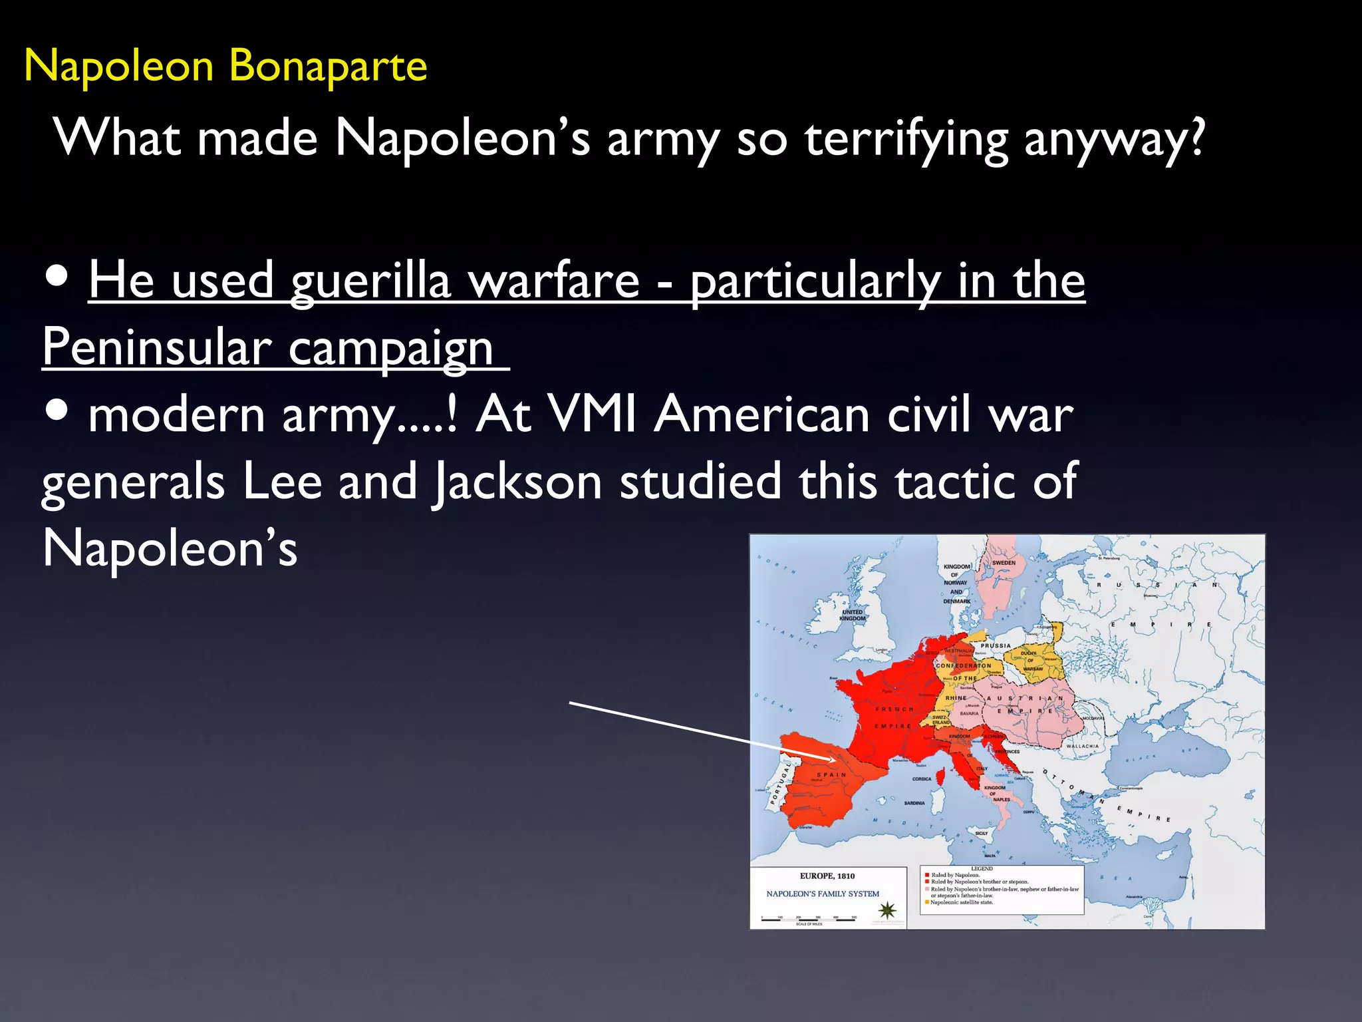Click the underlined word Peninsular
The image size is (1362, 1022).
(157, 347)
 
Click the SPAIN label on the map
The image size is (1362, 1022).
(831, 775)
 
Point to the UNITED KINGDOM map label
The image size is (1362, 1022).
(852, 615)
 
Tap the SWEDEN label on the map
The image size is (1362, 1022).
(1004, 563)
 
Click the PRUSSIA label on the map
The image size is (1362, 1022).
(996, 645)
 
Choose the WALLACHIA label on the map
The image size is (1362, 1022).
(1082, 747)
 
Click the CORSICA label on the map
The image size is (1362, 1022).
(922, 779)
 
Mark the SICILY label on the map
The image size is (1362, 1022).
(982, 833)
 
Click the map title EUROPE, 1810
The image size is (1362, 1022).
(827, 876)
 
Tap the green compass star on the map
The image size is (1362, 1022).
(888, 910)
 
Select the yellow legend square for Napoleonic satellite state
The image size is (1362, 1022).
(926, 903)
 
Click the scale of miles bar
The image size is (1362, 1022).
(809, 920)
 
